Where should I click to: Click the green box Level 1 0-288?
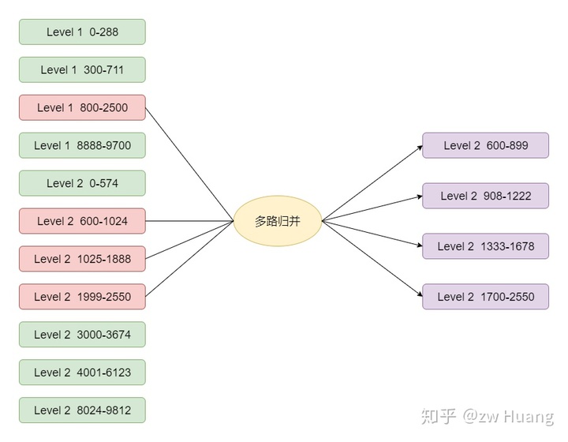click(x=82, y=32)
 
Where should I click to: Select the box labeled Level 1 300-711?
click(x=82, y=69)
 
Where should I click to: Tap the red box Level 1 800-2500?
click(x=82, y=107)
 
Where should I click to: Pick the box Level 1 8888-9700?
click(x=82, y=145)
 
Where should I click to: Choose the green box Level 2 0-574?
click(x=82, y=183)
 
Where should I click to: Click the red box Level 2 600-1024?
click(x=82, y=221)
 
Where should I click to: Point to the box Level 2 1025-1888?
click(x=82, y=259)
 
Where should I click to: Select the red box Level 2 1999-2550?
click(x=82, y=297)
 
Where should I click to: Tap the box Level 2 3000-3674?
click(x=82, y=335)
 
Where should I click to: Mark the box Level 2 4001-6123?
click(x=82, y=373)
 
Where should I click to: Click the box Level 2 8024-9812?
click(x=82, y=410)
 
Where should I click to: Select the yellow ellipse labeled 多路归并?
click(x=278, y=221)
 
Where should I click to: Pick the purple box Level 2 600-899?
click(x=485, y=145)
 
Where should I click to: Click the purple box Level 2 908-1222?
click(x=485, y=196)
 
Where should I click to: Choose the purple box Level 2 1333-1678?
click(x=485, y=246)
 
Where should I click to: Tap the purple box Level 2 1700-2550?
click(x=485, y=297)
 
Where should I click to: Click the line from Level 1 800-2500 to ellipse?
click(x=189, y=163)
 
